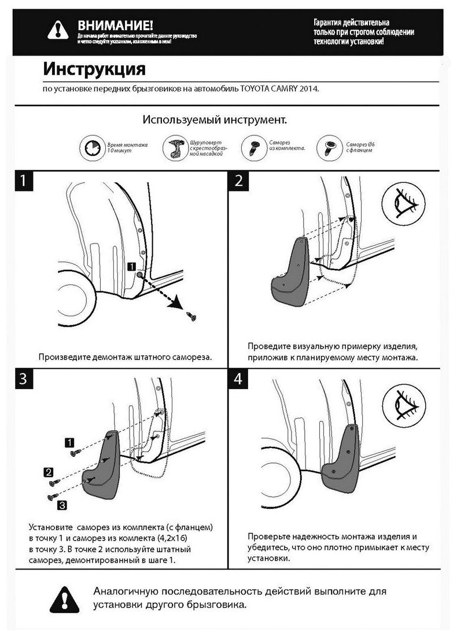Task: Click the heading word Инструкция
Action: coord(94,69)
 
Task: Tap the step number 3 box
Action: coord(23,379)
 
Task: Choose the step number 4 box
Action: coord(239,379)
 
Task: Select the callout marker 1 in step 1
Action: coord(131,266)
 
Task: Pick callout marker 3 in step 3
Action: coord(62,505)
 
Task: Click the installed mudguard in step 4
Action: coord(341,457)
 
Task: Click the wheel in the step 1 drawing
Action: coord(64,306)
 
